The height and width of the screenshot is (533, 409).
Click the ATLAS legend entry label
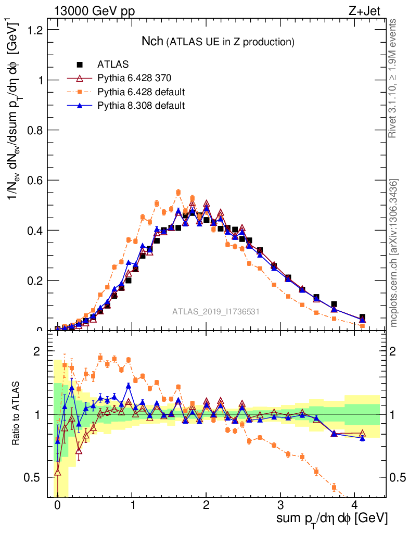coord(113,65)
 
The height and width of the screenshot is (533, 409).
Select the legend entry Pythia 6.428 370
coord(134,79)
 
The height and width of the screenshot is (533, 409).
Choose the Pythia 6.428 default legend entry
coord(141,92)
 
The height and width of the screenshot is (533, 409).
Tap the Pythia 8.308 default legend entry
coord(141,106)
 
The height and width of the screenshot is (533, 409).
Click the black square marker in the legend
coord(80,65)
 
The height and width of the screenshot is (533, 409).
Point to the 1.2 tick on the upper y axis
coord(36,30)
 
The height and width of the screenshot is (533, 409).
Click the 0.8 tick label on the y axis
coord(36,130)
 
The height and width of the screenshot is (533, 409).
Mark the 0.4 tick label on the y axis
coord(36,230)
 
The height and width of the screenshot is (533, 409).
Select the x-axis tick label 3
coord(280,505)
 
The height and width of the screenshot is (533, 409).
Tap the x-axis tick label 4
coord(354,505)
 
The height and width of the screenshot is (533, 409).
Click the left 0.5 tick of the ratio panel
coord(37,477)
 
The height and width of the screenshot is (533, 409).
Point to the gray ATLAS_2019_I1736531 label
coord(216,312)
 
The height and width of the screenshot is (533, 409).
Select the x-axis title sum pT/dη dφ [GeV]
coord(331,518)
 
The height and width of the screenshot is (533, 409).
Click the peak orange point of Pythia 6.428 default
coord(178,193)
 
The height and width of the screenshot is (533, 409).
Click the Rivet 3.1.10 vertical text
coord(393,78)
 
